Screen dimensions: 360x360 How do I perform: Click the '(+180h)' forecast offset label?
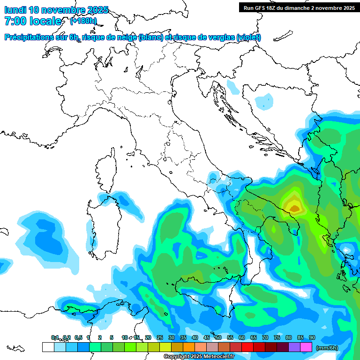pyautogui.click(x=83, y=21)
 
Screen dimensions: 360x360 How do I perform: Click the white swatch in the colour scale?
pyautogui.click(x=48, y=347)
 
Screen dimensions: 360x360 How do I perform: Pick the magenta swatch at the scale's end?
pyautogui.click(x=306, y=347)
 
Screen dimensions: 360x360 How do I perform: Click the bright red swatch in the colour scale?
pyautogui.click(x=247, y=347)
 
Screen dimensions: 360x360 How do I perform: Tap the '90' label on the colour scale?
pyautogui.click(x=312, y=337)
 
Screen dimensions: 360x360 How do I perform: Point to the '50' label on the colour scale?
pyautogui.click(x=218, y=337)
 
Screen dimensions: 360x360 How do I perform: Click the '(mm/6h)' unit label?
pyautogui.click(x=327, y=348)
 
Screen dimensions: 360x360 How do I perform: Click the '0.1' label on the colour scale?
pyautogui.click(x=55, y=337)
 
